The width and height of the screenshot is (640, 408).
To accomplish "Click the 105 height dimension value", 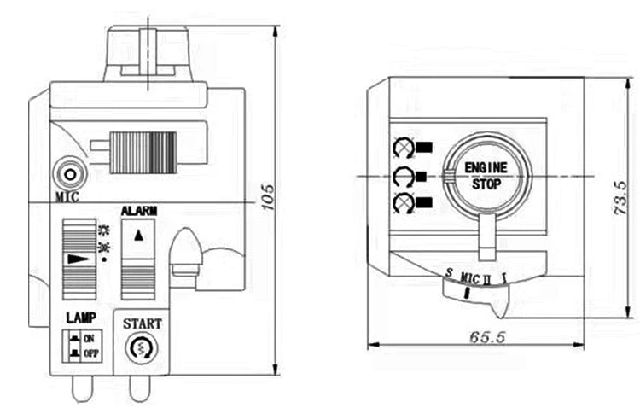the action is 268,198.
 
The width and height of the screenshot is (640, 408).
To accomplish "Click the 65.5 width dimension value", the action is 487,337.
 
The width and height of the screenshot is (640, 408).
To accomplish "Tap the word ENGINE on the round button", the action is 486,167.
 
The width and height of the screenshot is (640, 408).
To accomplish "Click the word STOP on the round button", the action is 486,184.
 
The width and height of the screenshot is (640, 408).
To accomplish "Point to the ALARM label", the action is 139,211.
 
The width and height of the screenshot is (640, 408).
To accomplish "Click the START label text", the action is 142,323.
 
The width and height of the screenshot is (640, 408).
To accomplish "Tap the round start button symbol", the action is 142,348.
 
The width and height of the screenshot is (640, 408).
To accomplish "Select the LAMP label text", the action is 81,318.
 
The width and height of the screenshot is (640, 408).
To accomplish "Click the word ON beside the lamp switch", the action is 89,339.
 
